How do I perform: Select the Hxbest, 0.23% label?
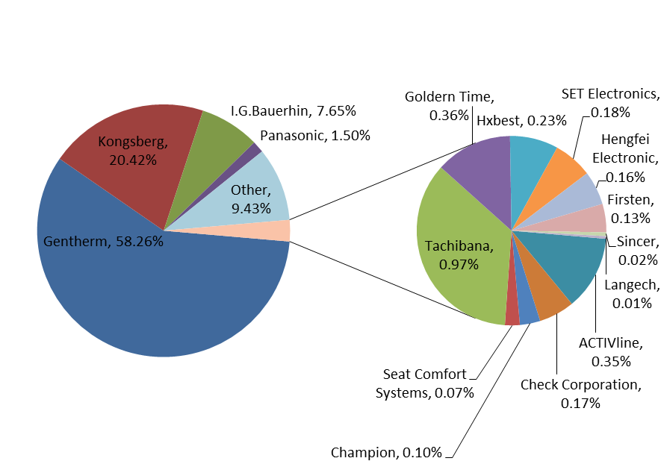pos(521,120)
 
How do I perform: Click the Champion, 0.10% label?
pos(386,452)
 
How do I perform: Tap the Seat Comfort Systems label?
pos(424,383)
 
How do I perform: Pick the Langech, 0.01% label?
pos(632,293)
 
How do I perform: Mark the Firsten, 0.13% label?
pos(630,209)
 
